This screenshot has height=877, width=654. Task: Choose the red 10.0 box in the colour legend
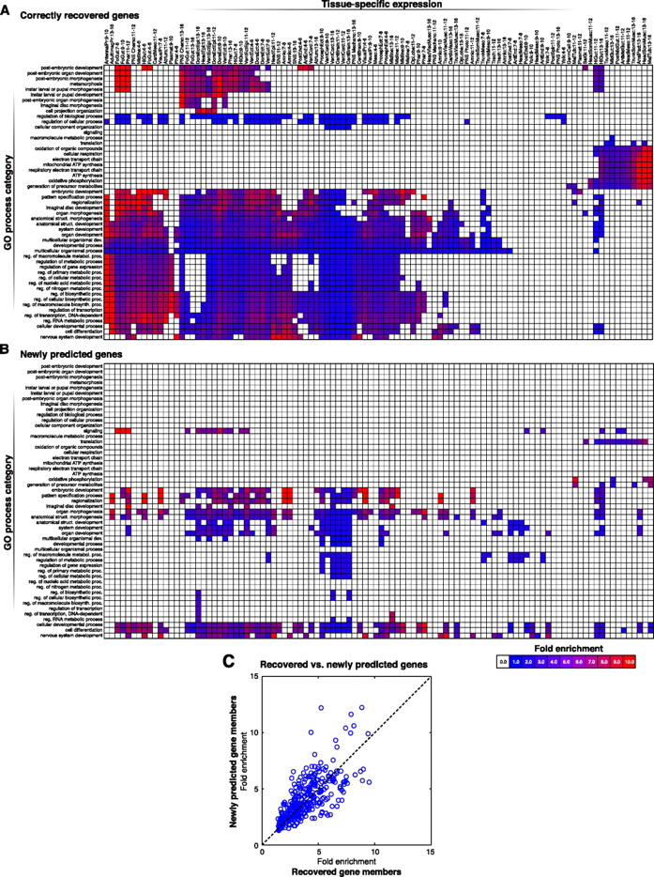point(630,661)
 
